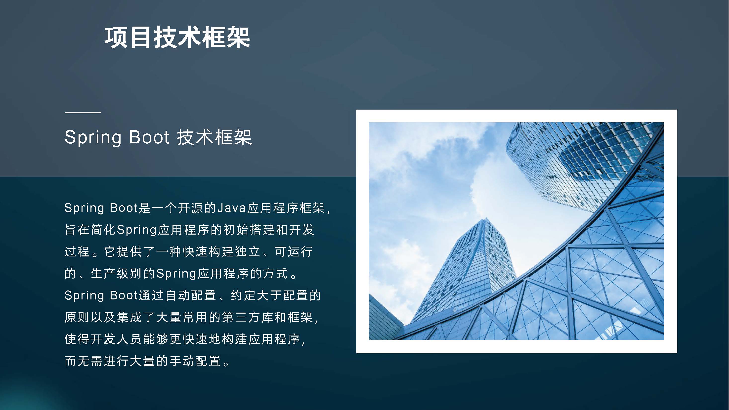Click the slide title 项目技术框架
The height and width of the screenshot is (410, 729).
(177, 37)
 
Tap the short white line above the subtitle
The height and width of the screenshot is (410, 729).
(83, 113)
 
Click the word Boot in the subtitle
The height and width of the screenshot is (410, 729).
(149, 137)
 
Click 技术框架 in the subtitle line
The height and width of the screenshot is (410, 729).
(214, 137)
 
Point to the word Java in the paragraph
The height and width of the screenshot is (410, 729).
(231, 208)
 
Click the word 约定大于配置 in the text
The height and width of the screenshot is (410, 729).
(269, 295)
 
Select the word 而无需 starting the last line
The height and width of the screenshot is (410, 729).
(84, 361)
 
